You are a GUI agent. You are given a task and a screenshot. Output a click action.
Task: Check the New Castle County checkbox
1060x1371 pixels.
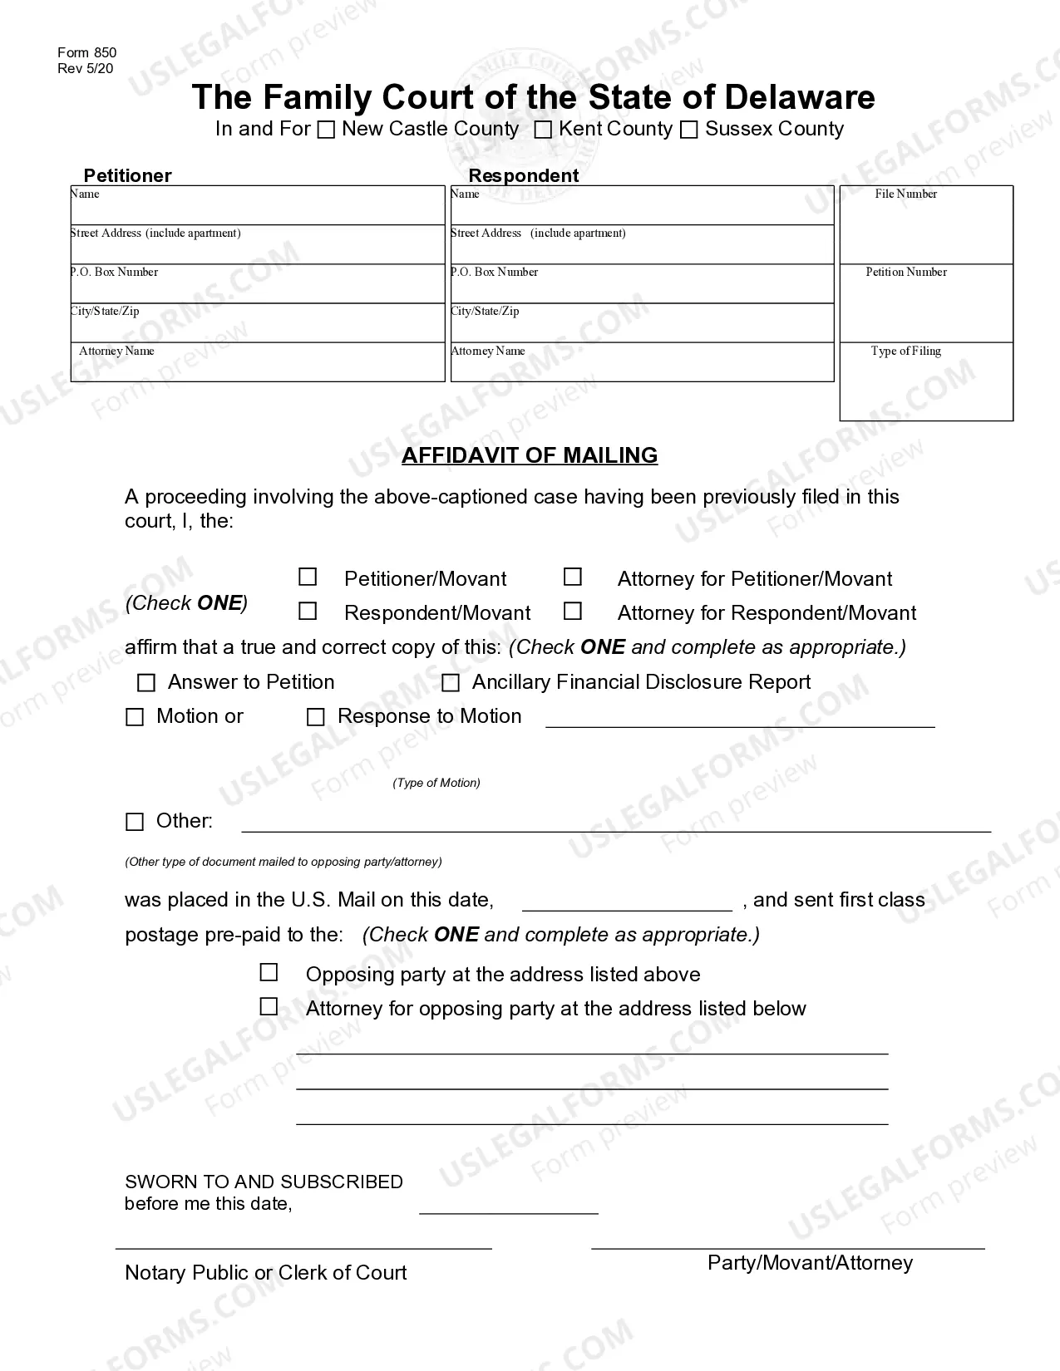[x=327, y=130]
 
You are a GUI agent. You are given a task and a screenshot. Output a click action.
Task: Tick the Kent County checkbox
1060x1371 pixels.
[x=543, y=130]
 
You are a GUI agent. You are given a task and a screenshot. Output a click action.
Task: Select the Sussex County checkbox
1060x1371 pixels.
[x=688, y=130]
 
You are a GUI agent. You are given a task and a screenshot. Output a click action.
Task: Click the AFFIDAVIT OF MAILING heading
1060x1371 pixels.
[x=530, y=455]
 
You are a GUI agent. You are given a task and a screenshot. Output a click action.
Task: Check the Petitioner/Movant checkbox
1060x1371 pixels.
[x=308, y=577]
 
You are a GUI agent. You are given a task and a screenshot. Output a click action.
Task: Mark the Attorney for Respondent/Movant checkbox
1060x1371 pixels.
[x=572, y=611]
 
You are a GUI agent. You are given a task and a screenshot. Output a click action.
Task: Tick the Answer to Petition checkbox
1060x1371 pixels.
[x=146, y=683]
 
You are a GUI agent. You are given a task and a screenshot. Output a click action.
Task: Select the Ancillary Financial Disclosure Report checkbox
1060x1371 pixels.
[x=451, y=683]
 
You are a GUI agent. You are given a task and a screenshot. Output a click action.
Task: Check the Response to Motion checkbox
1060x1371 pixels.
[x=316, y=717]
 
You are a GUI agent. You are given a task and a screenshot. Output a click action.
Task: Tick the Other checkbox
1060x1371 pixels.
[x=135, y=822]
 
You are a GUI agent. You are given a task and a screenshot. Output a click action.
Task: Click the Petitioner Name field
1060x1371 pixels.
[x=258, y=208]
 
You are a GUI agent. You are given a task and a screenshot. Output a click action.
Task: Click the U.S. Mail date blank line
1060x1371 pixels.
[x=627, y=901]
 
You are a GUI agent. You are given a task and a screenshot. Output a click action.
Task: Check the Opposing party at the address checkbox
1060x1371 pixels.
[x=269, y=972]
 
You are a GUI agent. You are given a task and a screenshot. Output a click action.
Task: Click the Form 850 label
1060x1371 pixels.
[x=87, y=53]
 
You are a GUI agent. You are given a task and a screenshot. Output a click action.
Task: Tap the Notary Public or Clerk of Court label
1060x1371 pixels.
[x=265, y=1273]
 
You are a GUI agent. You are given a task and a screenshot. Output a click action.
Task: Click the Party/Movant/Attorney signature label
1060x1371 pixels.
[x=810, y=1263]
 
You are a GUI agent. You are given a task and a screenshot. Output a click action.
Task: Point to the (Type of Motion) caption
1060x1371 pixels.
[x=436, y=783]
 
